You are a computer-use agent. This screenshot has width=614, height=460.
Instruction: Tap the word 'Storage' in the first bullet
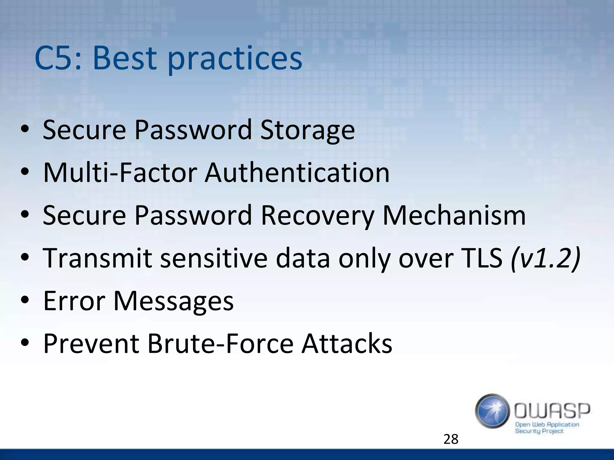307,130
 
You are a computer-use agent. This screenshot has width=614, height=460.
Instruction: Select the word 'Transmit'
98,258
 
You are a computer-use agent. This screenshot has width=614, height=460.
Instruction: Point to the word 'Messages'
173,301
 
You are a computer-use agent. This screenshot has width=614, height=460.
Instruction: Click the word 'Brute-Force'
220,344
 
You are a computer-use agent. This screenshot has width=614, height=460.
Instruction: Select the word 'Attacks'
347,344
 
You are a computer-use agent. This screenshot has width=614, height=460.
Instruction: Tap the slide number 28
451,439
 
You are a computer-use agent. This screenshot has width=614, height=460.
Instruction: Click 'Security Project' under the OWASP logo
539,431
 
